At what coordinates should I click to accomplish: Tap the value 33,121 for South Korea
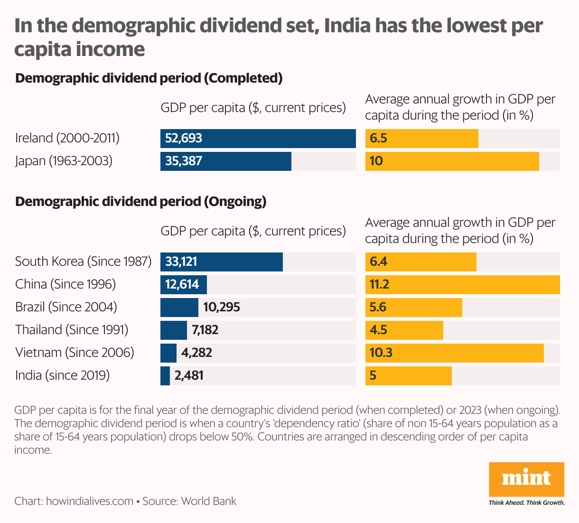pyautogui.click(x=181, y=261)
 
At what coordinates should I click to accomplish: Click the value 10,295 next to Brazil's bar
pyautogui.click(x=222, y=307)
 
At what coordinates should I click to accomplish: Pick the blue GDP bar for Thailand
pyautogui.click(x=174, y=330)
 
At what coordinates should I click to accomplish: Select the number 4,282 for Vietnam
pyautogui.click(x=196, y=353)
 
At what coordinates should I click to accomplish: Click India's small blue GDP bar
pyautogui.click(x=165, y=376)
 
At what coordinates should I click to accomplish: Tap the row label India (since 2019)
pyautogui.click(x=63, y=375)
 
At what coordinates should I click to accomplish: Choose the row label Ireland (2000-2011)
pyautogui.click(x=67, y=138)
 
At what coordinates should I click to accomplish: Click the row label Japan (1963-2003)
pyautogui.click(x=64, y=161)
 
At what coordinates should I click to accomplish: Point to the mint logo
pyautogui.click(x=526, y=478)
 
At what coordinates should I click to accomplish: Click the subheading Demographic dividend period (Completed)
pyautogui.click(x=149, y=78)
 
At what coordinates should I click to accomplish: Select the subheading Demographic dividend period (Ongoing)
pyautogui.click(x=141, y=202)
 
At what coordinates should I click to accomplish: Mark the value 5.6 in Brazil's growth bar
pyautogui.click(x=378, y=307)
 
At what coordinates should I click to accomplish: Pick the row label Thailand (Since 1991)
pyautogui.click(x=72, y=330)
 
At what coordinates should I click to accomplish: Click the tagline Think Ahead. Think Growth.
pyautogui.click(x=527, y=502)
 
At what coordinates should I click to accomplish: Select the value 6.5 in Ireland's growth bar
pyautogui.click(x=379, y=138)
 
